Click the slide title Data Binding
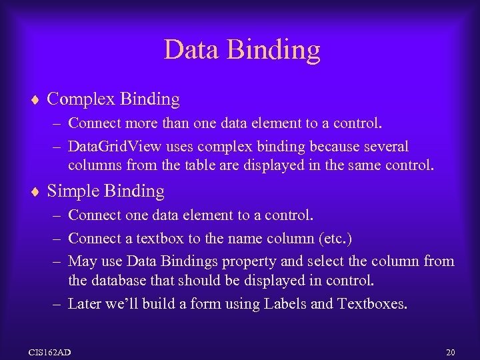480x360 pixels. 241,50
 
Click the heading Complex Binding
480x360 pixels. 113,99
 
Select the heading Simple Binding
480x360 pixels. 105,191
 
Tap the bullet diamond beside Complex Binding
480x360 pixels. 35,100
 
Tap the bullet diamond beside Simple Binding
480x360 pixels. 35,192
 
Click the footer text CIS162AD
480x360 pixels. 51,351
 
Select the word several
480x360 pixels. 385,146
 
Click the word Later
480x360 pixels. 85,303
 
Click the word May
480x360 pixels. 83,261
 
